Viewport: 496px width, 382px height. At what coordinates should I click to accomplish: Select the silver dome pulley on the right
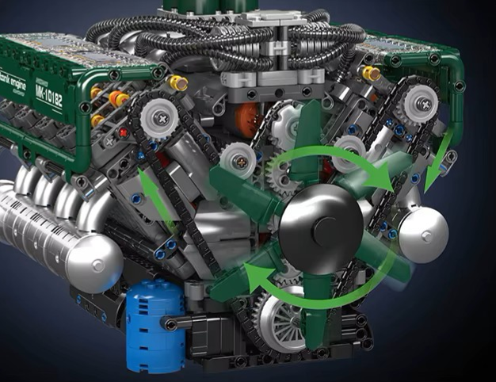[x=423, y=235]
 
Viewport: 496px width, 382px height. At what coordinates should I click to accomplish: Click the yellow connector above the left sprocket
[x=176, y=82]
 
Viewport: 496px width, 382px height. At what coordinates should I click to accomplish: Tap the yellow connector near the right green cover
[x=368, y=74]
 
